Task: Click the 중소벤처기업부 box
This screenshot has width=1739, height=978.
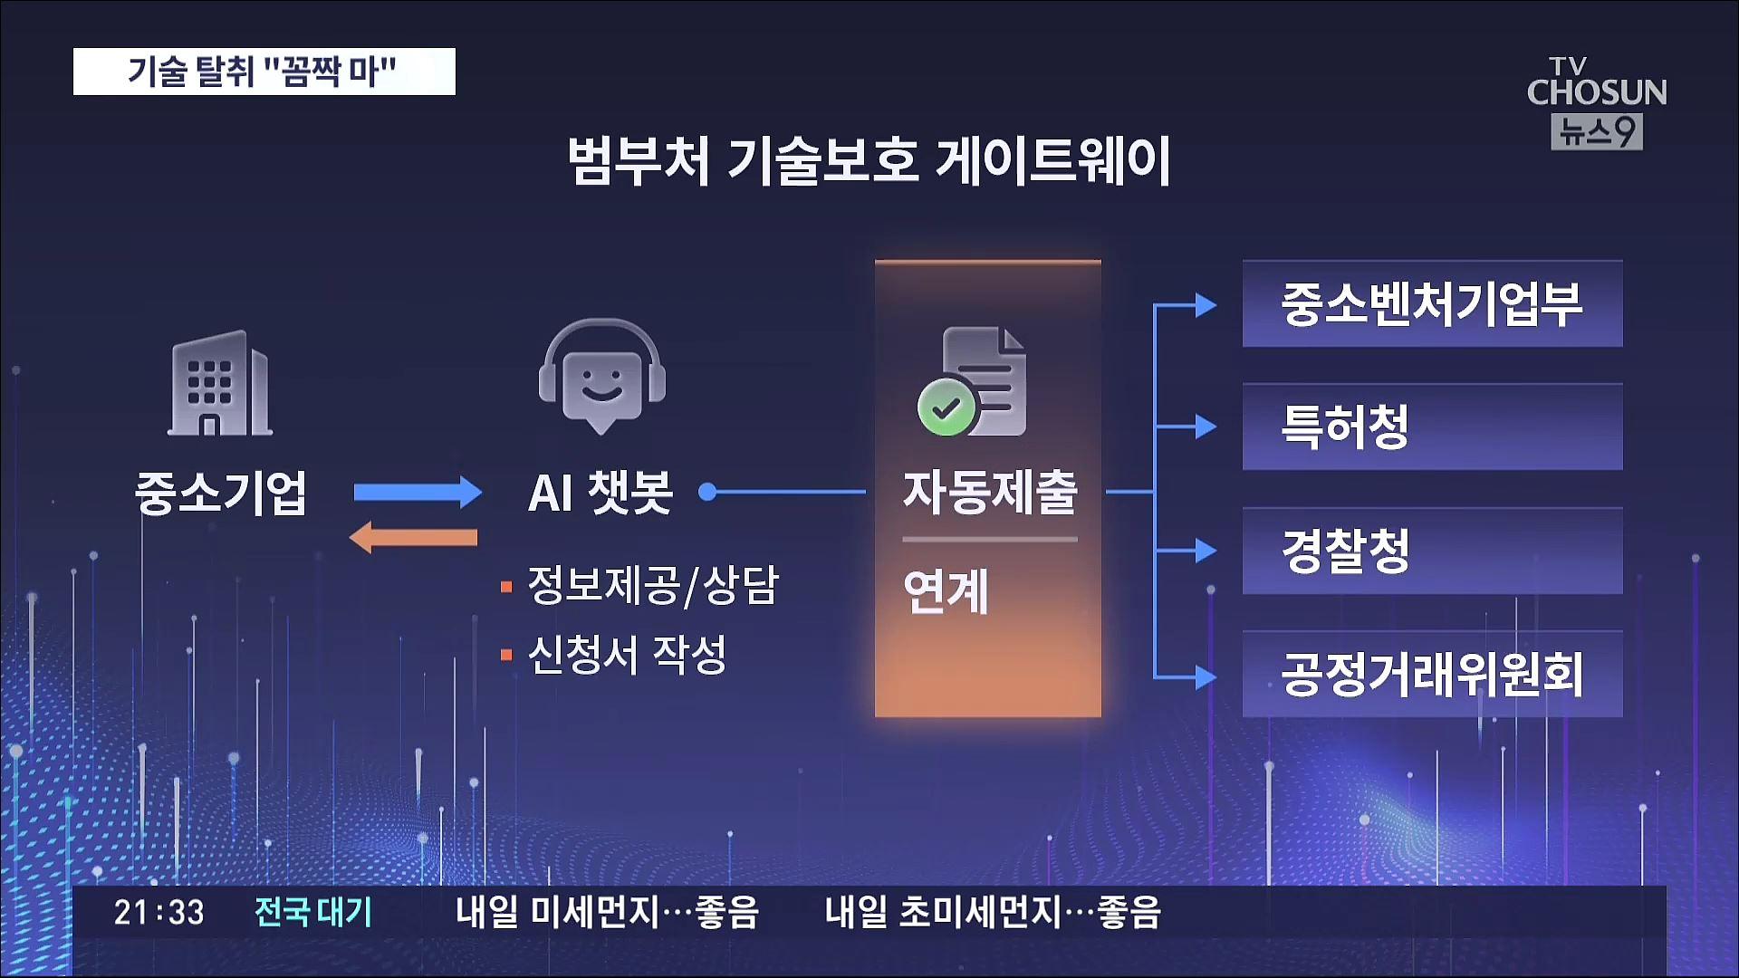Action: (x=1432, y=304)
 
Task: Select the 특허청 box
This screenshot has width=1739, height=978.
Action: (x=1432, y=427)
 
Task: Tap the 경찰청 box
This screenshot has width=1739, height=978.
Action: (x=1432, y=551)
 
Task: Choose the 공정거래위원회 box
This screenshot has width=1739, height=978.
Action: (x=1432, y=675)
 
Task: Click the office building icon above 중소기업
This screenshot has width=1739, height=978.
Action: (x=220, y=382)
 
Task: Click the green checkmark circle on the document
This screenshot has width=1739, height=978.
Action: (x=946, y=408)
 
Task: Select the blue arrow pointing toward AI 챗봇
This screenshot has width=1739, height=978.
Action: (x=418, y=493)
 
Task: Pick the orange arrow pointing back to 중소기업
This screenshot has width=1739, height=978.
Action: (x=413, y=537)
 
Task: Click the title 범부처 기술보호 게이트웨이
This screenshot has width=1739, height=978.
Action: (x=869, y=161)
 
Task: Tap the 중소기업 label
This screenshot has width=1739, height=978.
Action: (x=220, y=494)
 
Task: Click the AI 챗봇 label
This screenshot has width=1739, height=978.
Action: (x=600, y=494)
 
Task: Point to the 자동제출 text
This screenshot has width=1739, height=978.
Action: (x=990, y=493)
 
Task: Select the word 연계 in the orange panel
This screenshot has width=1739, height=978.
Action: (x=946, y=592)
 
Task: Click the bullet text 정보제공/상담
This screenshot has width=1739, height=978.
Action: (x=653, y=586)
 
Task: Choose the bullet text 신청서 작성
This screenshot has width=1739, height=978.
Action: (x=627, y=654)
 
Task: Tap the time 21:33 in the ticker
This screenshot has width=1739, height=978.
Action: (x=159, y=912)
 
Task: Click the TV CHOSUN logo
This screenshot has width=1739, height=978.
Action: (x=1597, y=102)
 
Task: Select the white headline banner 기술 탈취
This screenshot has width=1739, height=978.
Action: (x=264, y=72)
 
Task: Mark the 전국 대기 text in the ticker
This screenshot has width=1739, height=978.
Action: (x=313, y=912)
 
